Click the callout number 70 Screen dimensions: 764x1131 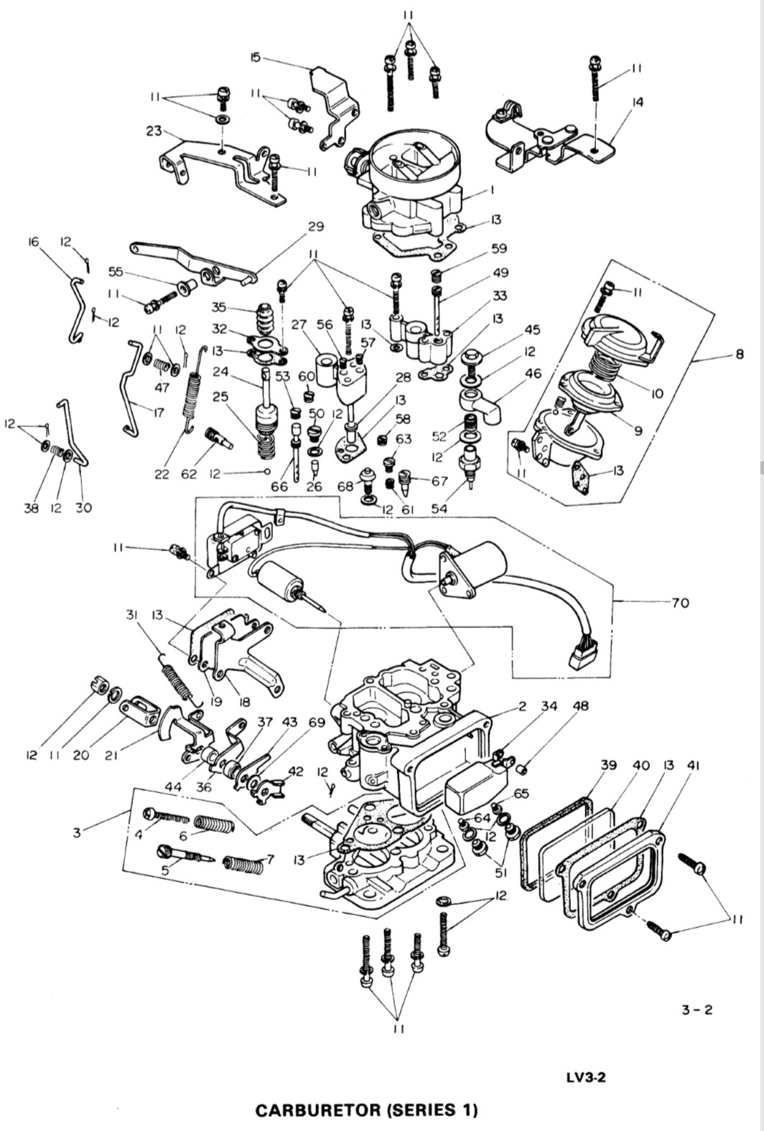click(x=680, y=602)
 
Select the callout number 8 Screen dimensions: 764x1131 click(x=740, y=355)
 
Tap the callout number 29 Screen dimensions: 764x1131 click(x=316, y=227)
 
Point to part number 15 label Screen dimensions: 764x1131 click(x=256, y=57)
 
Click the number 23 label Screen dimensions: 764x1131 click(x=154, y=131)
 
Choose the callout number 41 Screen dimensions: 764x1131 click(x=694, y=766)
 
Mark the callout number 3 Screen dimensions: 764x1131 click(x=77, y=832)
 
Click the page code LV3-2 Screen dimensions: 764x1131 click(x=587, y=1078)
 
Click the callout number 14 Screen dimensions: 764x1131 click(x=638, y=103)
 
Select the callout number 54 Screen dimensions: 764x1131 click(x=439, y=508)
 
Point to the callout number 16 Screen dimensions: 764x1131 click(x=33, y=243)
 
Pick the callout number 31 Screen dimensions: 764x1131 click(x=132, y=614)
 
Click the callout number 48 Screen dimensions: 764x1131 click(x=581, y=706)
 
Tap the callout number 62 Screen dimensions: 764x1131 click(x=188, y=474)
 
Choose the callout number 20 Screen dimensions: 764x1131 click(x=81, y=755)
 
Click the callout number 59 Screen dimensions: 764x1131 click(x=499, y=248)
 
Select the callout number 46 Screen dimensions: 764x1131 click(x=533, y=373)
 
